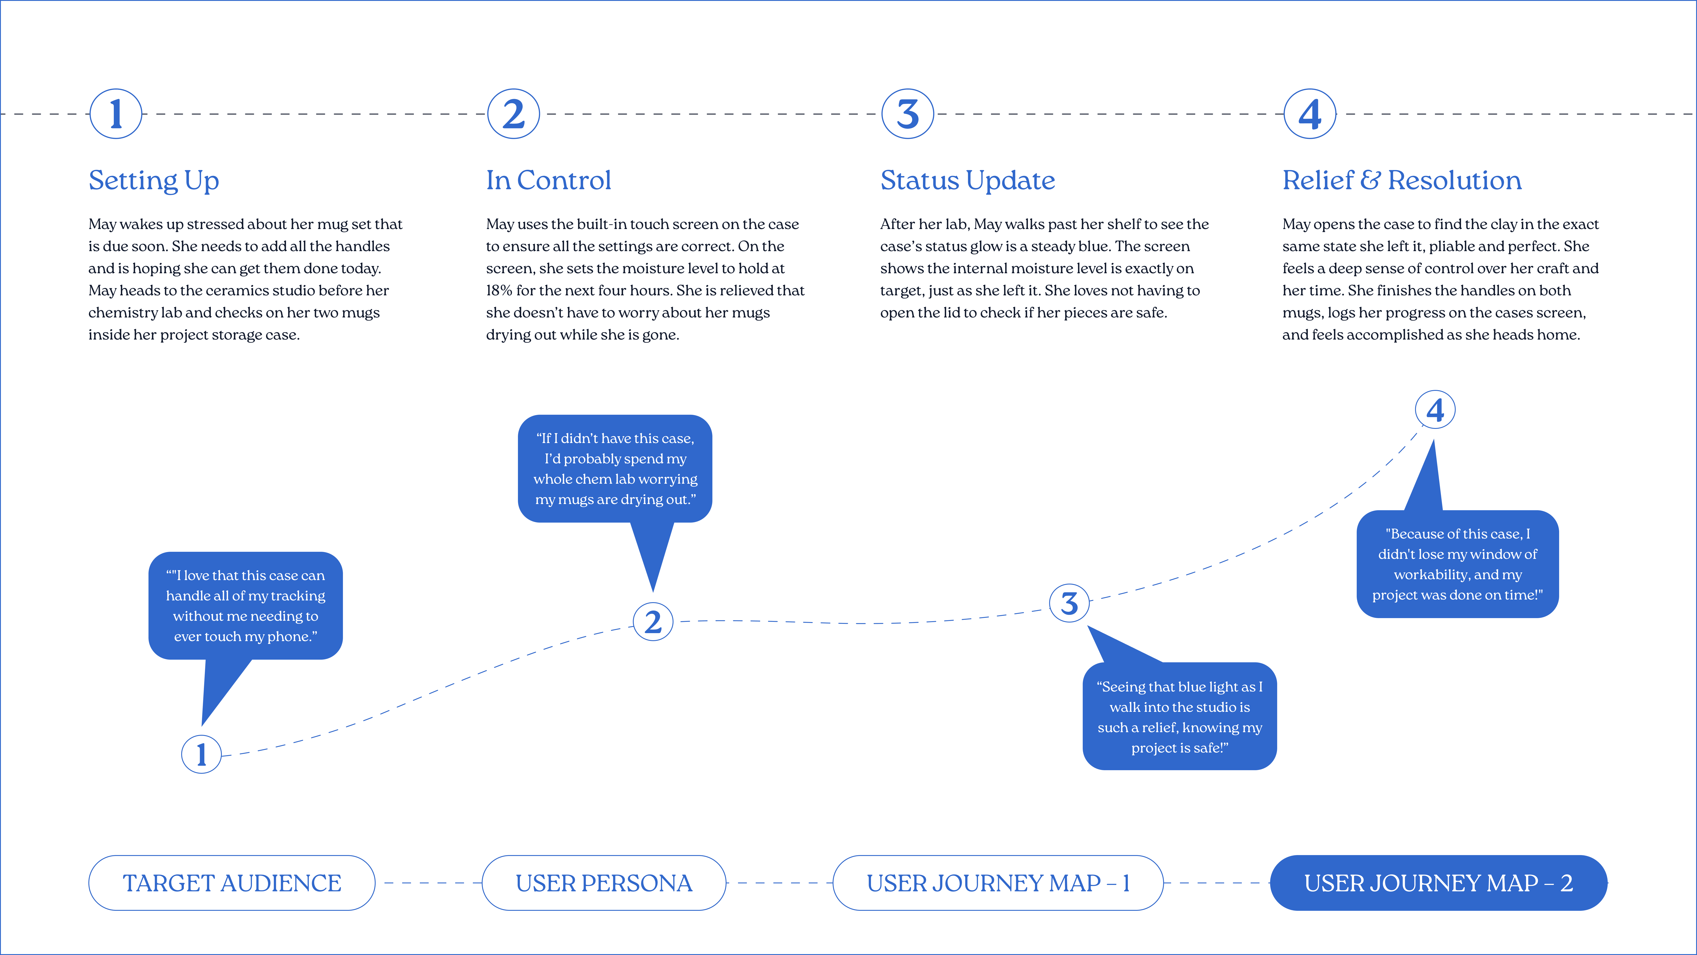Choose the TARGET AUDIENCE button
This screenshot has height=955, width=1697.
click(232, 882)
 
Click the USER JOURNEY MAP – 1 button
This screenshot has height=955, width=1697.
click(998, 882)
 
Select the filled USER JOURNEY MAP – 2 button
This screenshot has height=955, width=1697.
click(1439, 882)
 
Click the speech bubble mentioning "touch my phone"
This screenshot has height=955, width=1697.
click(246, 606)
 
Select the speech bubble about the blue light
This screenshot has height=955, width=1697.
click(1180, 716)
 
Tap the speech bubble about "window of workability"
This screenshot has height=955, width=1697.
click(1458, 564)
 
